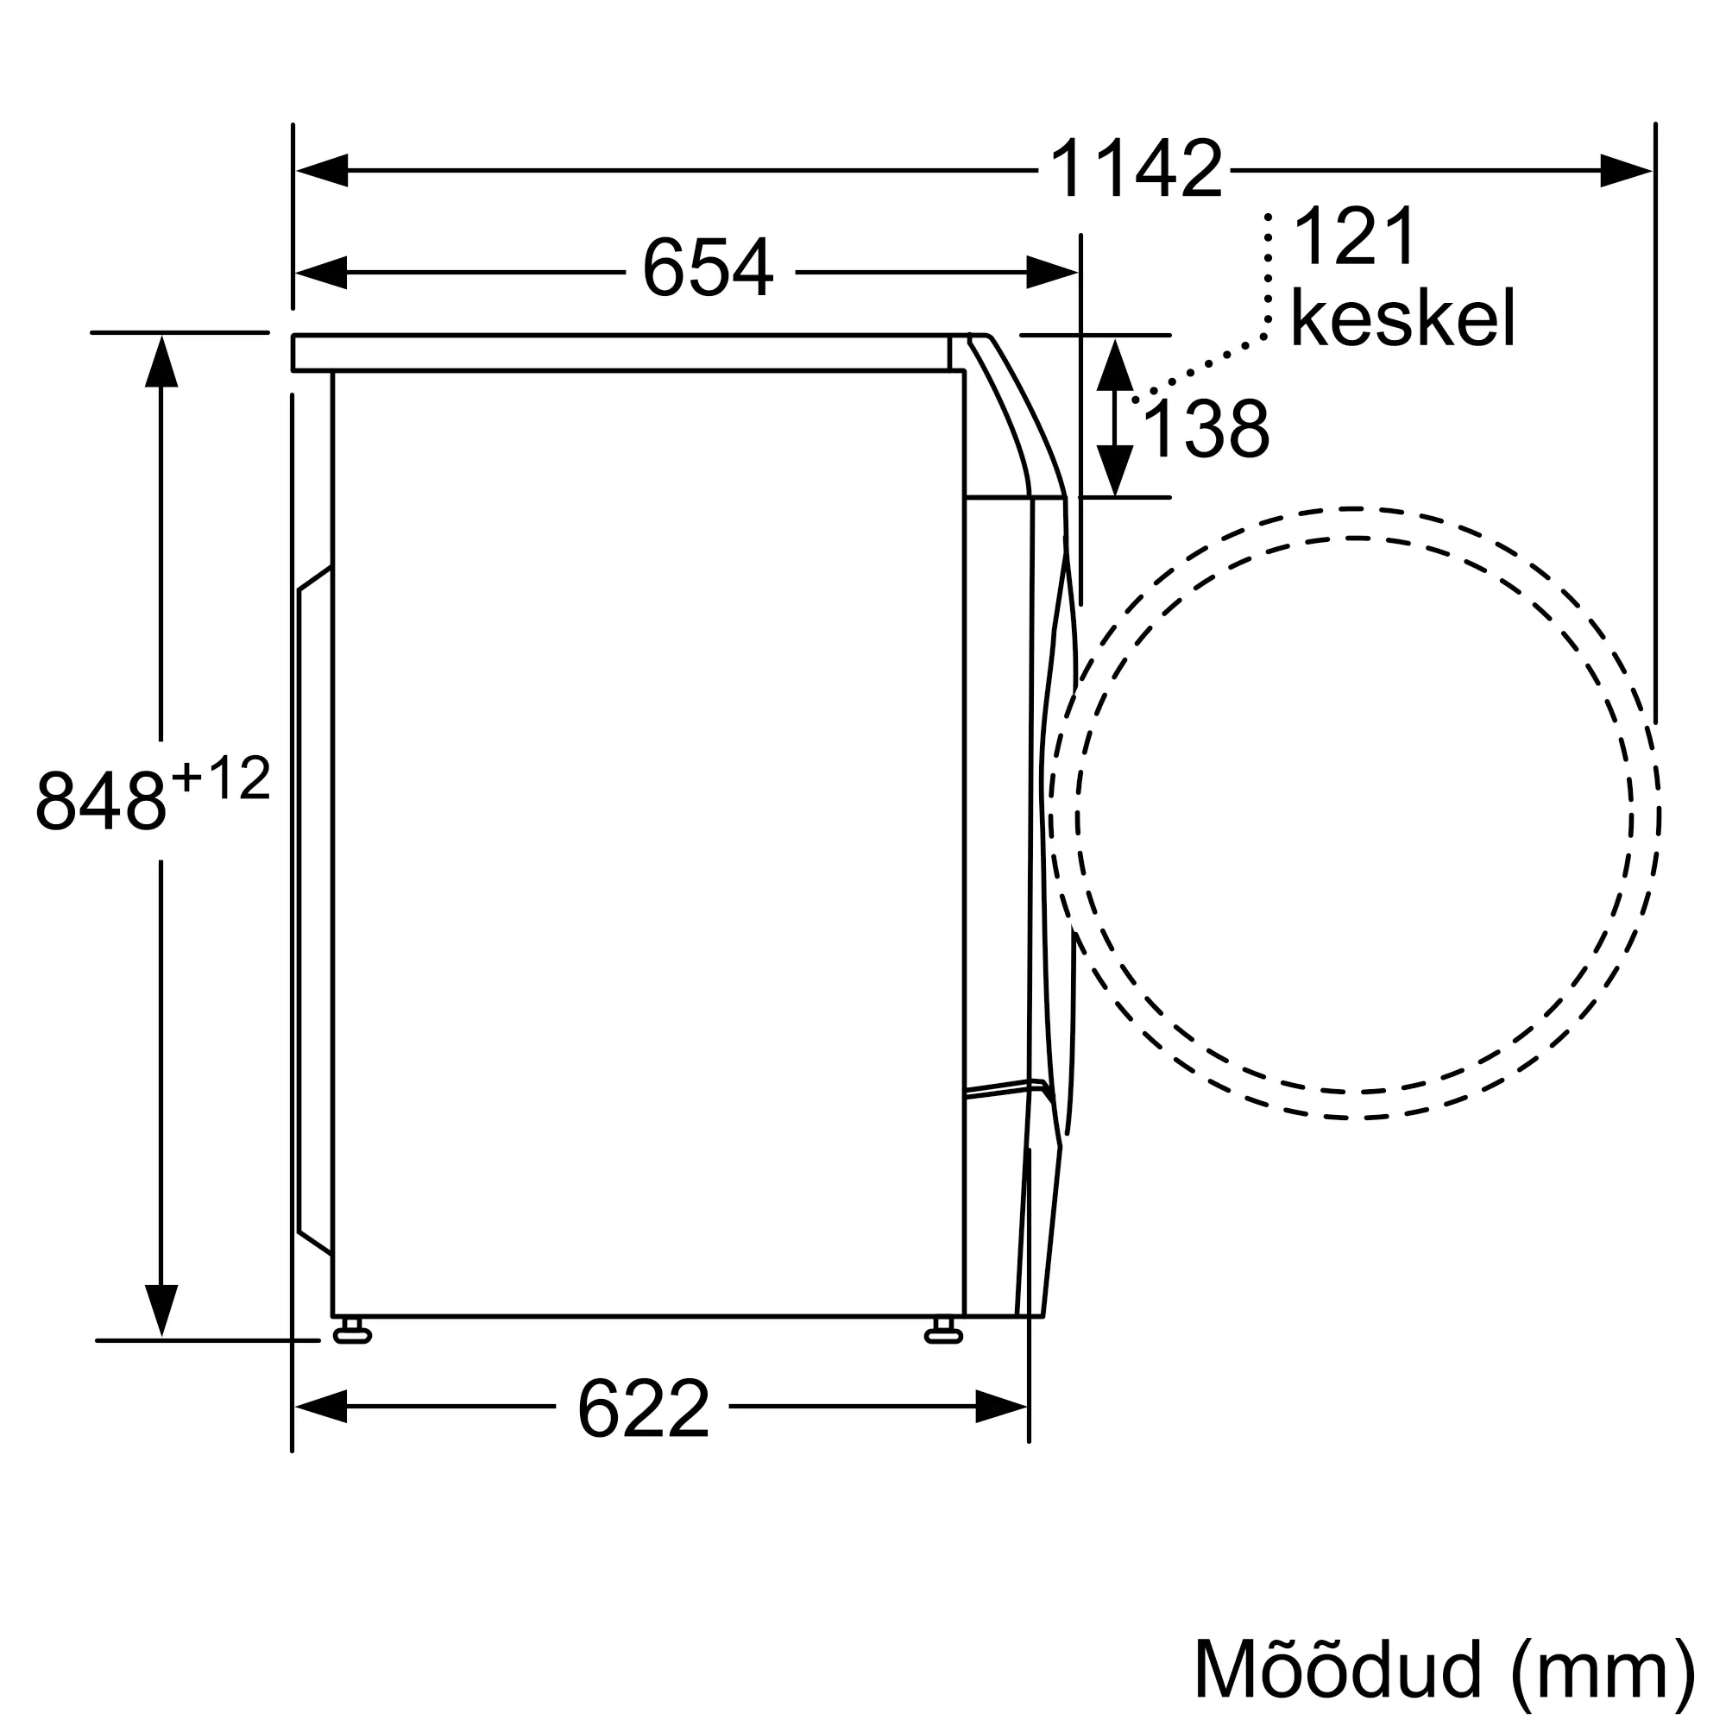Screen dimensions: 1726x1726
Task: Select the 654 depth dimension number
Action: tap(708, 268)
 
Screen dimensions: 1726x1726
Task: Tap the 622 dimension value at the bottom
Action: tap(643, 1409)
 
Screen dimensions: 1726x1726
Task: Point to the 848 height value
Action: tap(100, 800)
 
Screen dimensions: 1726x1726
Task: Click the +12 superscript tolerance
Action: tap(222, 778)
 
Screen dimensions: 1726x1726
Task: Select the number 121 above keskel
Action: tap(1354, 236)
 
